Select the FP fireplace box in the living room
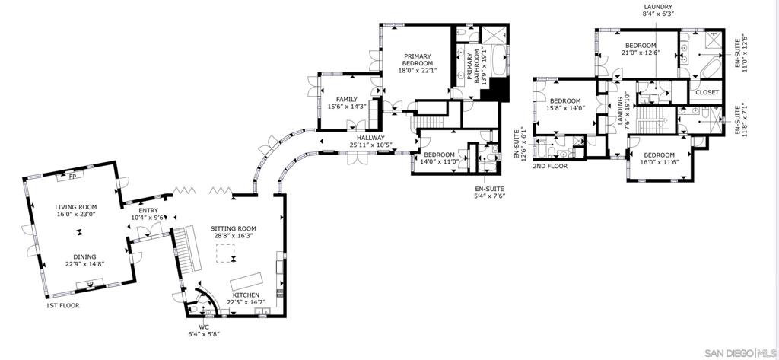73,177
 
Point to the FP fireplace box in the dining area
89,285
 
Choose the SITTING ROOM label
234,228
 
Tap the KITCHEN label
246,294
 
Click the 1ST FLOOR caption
62,306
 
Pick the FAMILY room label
346,99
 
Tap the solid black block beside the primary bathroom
498,91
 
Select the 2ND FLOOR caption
549,166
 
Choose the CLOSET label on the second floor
707,93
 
